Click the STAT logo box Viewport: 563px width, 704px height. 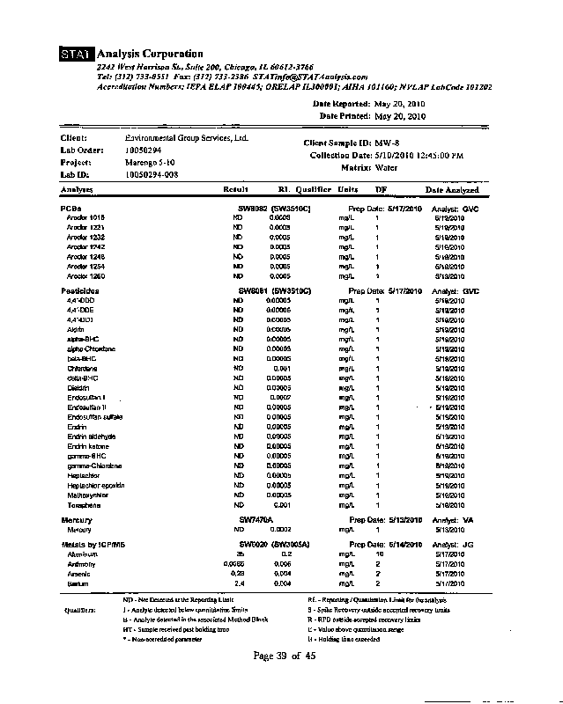click(x=77, y=55)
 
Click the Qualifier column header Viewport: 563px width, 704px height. click(x=313, y=189)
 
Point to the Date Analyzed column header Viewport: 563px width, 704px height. click(x=452, y=190)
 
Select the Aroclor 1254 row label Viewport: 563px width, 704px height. click(x=85, y=266)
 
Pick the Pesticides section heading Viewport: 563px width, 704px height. click(x=80, y=290)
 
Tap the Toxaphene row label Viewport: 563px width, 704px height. click(x=85, y=505)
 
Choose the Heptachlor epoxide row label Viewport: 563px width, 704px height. click(x=96, y=485)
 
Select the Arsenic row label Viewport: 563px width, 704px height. click(x=79, y=574)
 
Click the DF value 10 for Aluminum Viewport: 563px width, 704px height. click(x=380, y=554)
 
